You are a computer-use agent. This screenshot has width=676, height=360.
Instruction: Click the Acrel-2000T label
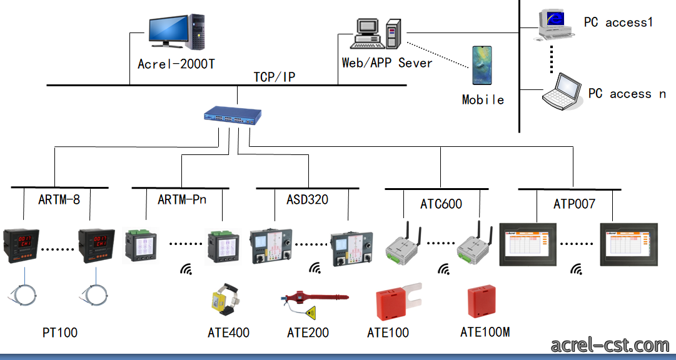(176, 64)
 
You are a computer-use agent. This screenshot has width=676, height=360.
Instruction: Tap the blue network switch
(233, 116)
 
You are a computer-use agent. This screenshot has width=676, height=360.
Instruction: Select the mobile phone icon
(482, 66)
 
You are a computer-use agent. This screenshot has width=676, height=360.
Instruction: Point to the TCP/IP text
(274, 77)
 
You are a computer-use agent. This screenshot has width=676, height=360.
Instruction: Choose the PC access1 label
(618, 22)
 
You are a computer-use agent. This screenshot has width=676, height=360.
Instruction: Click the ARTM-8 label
(59, 199)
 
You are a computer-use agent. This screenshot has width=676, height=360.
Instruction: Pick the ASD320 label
(308, 199)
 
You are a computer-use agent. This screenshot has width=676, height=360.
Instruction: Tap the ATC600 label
(441, 204)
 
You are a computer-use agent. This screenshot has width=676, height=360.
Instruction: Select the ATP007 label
(574, 204)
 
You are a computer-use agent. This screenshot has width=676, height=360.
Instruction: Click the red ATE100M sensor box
(482, 301)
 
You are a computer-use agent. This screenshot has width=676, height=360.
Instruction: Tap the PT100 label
(60, 332)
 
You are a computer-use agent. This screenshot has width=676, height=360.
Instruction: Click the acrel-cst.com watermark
(610, 346)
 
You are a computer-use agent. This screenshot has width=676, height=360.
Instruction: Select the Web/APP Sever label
(386, 63)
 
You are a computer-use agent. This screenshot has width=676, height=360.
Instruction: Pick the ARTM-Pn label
(182, 199)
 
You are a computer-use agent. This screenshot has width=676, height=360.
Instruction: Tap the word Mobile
(483, 99)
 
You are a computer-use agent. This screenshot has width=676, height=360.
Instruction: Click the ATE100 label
(388, 332)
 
